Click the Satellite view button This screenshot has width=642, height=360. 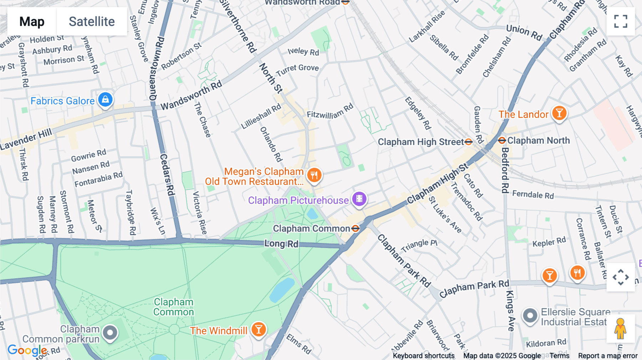[x=92, y=21]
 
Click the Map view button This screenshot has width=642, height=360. [x=32, y=21]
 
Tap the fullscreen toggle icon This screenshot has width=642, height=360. [x=621, y=21]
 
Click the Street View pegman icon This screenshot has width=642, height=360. [x=620, y=329]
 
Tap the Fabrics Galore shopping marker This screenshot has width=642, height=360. [x=106, y=100]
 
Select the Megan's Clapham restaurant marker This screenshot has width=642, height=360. [x=314, y=175]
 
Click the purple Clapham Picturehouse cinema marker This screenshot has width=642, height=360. [x=360, y=199]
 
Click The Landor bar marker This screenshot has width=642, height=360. [x=559, y=113]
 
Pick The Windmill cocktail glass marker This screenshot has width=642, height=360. [x=259, y=329]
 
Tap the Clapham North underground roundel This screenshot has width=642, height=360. [x=502, y=140]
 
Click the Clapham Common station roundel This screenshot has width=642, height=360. [x=355, y=228]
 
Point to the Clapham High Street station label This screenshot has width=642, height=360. [x=421, y=142]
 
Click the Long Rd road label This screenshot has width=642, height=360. [x=281, y=244]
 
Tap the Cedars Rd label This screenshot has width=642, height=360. [x=167, y=175]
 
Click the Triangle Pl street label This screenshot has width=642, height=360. [x=419, y=245]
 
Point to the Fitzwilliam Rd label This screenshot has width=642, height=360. [x=330, y=111]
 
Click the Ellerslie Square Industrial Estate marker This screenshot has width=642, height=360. [x=530, y=316]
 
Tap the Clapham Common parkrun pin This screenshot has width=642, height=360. [x=110, y=333]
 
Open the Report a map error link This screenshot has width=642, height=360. [x=607, y=356]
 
